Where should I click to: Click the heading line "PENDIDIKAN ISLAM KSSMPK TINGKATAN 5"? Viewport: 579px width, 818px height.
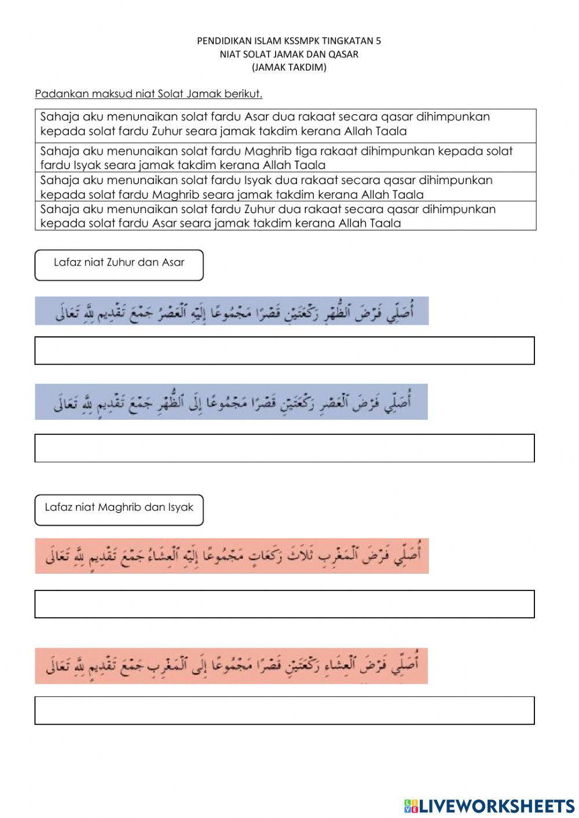coord(289,41)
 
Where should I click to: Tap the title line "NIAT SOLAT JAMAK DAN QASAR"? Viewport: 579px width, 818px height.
coord(289,54)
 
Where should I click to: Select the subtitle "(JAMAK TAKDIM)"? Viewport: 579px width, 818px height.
coord(289,67)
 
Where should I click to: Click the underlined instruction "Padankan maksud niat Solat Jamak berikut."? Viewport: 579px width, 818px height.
coord(149,94)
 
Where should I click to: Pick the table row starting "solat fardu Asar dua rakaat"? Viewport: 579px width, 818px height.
coord(285,124)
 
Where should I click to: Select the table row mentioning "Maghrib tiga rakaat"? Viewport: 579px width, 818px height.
coord(285,157)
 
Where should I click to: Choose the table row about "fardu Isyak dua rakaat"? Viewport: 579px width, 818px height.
coord(285,187)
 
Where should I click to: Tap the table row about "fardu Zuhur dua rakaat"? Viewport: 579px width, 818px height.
coord(285,216)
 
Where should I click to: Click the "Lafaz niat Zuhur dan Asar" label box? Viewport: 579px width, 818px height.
coord(119,265)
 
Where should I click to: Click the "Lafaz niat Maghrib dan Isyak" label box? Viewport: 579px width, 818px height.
coord(119,509)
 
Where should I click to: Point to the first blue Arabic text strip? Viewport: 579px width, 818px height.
coord(232,311)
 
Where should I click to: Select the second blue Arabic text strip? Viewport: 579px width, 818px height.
coord(232,402)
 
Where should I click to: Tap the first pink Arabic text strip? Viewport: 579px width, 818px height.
coord(232,556)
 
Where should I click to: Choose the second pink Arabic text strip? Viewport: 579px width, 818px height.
coord(232,666)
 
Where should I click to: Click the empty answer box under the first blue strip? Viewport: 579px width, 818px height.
coord(284,351)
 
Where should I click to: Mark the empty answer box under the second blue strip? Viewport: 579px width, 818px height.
coord(284,448)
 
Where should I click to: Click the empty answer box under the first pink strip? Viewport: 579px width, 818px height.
coord(284,604)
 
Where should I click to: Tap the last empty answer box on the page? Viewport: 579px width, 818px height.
coord(284,710)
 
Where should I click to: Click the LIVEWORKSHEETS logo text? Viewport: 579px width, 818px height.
coord(497,805)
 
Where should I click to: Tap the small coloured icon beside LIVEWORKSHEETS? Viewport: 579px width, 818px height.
coord(411,805)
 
